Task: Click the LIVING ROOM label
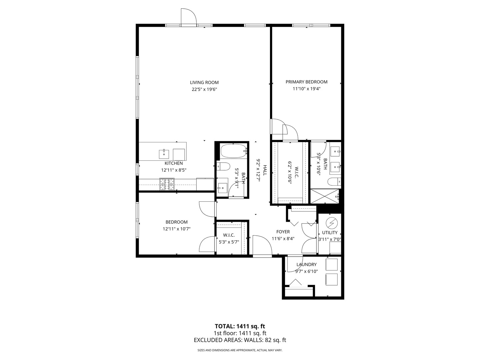[204, 82]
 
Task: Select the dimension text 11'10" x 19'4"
[306, 89]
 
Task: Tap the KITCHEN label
[174, 163]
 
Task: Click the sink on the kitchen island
[164, 154]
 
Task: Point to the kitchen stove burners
[167, 184]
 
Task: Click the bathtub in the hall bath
[233, 151]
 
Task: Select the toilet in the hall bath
[223, 166]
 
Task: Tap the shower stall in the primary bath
[324, 196]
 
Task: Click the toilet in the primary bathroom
[334, 182]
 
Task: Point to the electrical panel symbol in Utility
[331, 222]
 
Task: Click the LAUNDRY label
[306, 265]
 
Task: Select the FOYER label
[283, 232]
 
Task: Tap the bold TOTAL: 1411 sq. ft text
[240, 326]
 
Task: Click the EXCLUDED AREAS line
[240, 340]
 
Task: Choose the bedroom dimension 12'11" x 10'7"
[176, 229]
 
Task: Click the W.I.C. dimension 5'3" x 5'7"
[229, 242]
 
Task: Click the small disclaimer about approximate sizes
[240, 350]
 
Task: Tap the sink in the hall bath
[222, 188]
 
